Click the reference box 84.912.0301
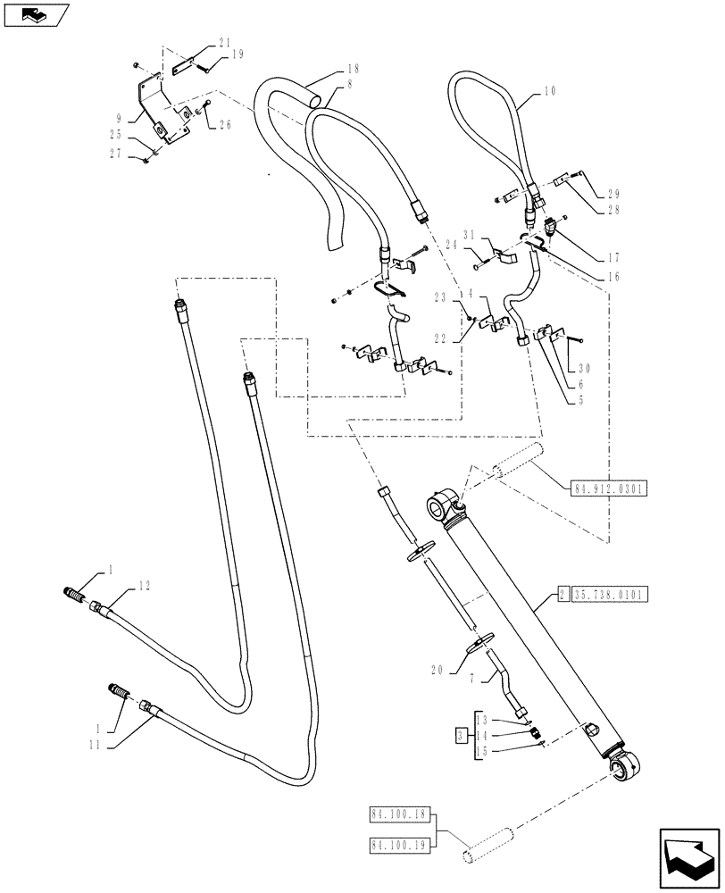608,488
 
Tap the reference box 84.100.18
399,814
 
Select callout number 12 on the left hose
145,586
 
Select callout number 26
224,124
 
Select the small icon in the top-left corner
35,15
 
